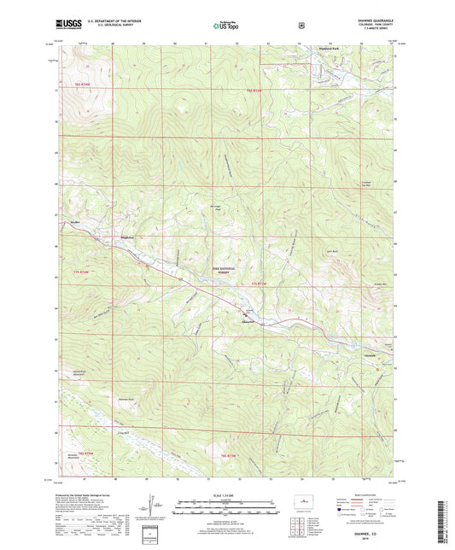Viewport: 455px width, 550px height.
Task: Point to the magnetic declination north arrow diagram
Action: tap(164, 507)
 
